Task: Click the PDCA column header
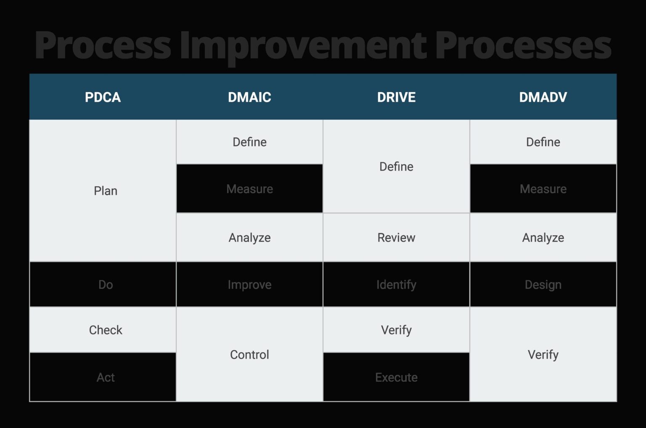tap(103, 97)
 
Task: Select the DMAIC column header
tap(249, 97)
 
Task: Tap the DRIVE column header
tap(396, 97)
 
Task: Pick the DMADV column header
tap(543, 97)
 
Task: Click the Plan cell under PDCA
tap(105, 191)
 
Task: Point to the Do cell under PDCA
tap(105, 284)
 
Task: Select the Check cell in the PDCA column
tap(105, 330)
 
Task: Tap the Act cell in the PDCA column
tap(105, 377)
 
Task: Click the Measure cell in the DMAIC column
tap(249, 189)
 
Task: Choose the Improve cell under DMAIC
tap(249, 284)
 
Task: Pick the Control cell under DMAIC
tap(249, 354)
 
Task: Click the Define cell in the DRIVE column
tap(396, 167)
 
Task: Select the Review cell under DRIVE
tap(396, 238)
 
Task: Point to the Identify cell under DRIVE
tap(396, 284)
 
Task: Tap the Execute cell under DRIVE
tap(396, 377)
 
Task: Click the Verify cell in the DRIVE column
tap(396, 330)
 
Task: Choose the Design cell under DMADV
tap(543, 284)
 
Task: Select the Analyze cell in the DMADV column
tap(543, 238)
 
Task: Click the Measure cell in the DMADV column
tap(543, 189)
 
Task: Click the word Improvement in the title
tap(303, 45)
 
